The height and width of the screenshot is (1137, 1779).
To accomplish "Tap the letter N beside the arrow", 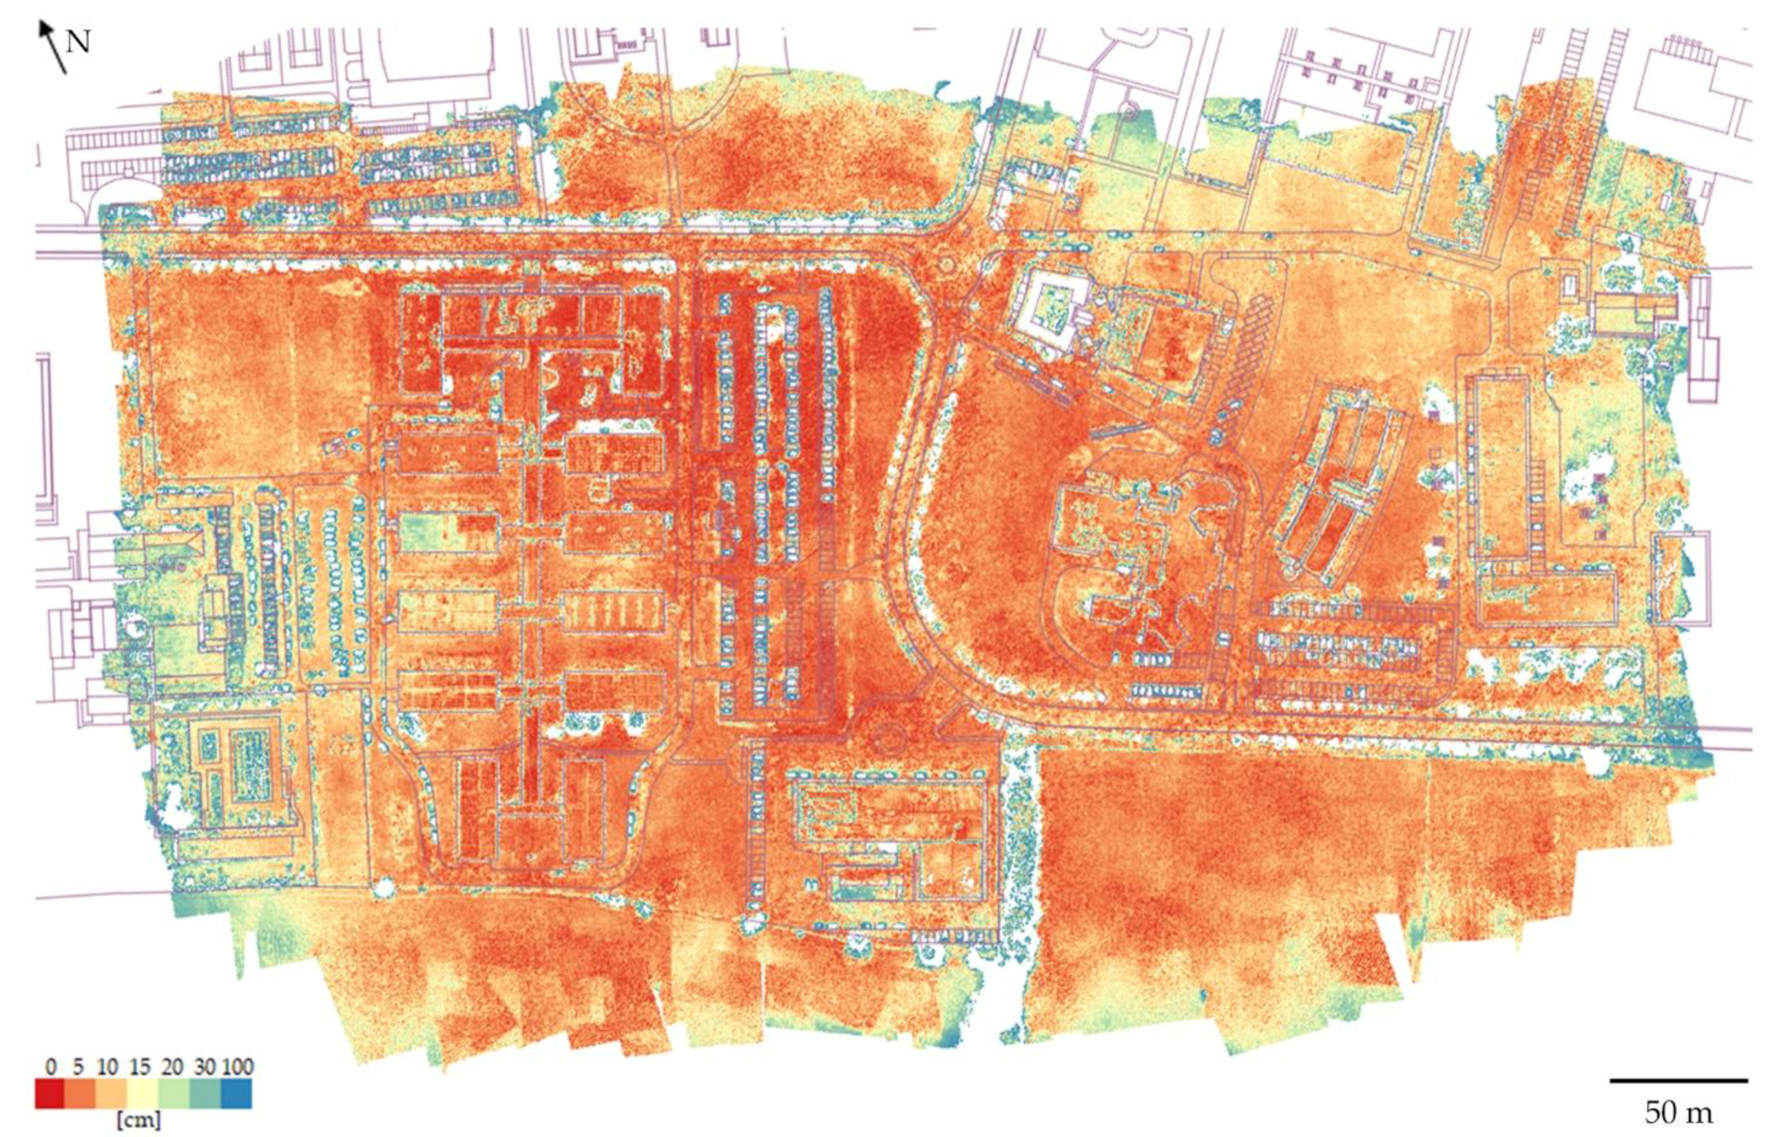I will click(78, 43).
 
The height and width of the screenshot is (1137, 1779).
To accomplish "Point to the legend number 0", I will click(51, 1067).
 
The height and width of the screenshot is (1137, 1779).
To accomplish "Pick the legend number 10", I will click(107, 1067).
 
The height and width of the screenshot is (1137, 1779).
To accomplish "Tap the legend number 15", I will click(139, 1067).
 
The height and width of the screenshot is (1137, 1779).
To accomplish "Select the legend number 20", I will click(172, 1067).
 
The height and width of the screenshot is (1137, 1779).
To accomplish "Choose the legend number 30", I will click(204, 1067).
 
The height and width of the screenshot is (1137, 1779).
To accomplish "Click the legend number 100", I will click(237, 1067).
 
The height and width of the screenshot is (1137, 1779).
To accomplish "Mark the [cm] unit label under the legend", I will click(138, 1121).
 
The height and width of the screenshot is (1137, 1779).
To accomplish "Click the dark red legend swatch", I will click(50, 1094).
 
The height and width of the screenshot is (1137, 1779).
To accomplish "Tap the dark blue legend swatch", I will click(236, 1094).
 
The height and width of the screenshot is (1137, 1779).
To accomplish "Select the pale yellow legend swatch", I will click(143, 1094).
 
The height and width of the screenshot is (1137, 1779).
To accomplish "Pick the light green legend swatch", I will click(174, 1094).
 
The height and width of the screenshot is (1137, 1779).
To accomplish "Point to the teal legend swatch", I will click(205, 1094).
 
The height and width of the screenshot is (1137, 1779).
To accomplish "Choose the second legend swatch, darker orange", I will click(81, 1094).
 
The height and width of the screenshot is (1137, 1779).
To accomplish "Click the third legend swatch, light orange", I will click(112, 1094).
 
